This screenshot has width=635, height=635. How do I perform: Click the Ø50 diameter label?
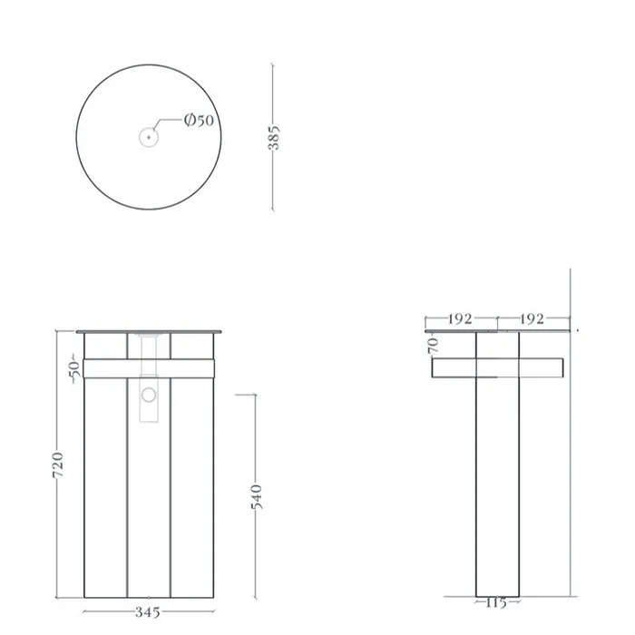click(199, 120)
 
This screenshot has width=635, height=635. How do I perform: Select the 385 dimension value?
click(274, 138)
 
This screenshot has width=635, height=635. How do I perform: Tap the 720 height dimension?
click(58, 464)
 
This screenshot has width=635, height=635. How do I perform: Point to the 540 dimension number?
click(257, 497)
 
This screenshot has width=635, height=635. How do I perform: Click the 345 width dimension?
click(148, 612)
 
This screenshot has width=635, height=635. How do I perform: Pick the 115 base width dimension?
click(496, 603)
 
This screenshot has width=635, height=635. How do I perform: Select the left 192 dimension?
click(460, 319)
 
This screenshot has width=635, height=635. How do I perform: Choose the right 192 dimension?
click(532, 319)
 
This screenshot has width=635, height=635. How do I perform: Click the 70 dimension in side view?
click(433, 346)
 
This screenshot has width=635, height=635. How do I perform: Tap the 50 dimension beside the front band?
click(74, 369)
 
